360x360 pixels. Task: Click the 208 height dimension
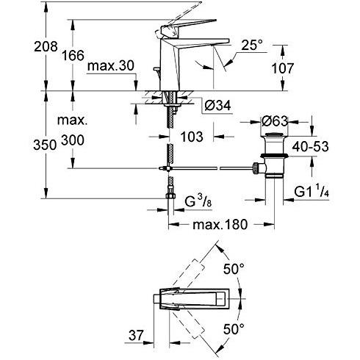coord(46,46)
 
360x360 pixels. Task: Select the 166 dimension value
coord(73,56)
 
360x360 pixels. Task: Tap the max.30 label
coord(111,66)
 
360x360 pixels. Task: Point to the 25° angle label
coord(252,46)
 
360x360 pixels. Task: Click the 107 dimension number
coord(283,68)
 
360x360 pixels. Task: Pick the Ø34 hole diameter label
coord(217,106)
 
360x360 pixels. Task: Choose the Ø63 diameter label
coord(275,121)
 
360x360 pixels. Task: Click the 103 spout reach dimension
coord(192,137)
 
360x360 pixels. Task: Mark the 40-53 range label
coord(311,147)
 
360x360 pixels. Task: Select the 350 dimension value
coord(45,145)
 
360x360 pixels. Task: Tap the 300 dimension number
coord(73,140)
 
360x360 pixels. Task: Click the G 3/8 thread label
coord(198,202)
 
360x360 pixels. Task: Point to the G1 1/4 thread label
coord(311,191)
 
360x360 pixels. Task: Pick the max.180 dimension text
coord(220,225)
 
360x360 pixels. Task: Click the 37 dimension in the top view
coord(136,335)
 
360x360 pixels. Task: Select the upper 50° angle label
coord(234,270)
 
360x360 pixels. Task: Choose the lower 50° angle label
coord(234,329)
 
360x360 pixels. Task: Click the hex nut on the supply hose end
coord(170,195)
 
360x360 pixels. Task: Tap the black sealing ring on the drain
coord(274,155)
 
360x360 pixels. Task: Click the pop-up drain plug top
coord(274,134)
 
